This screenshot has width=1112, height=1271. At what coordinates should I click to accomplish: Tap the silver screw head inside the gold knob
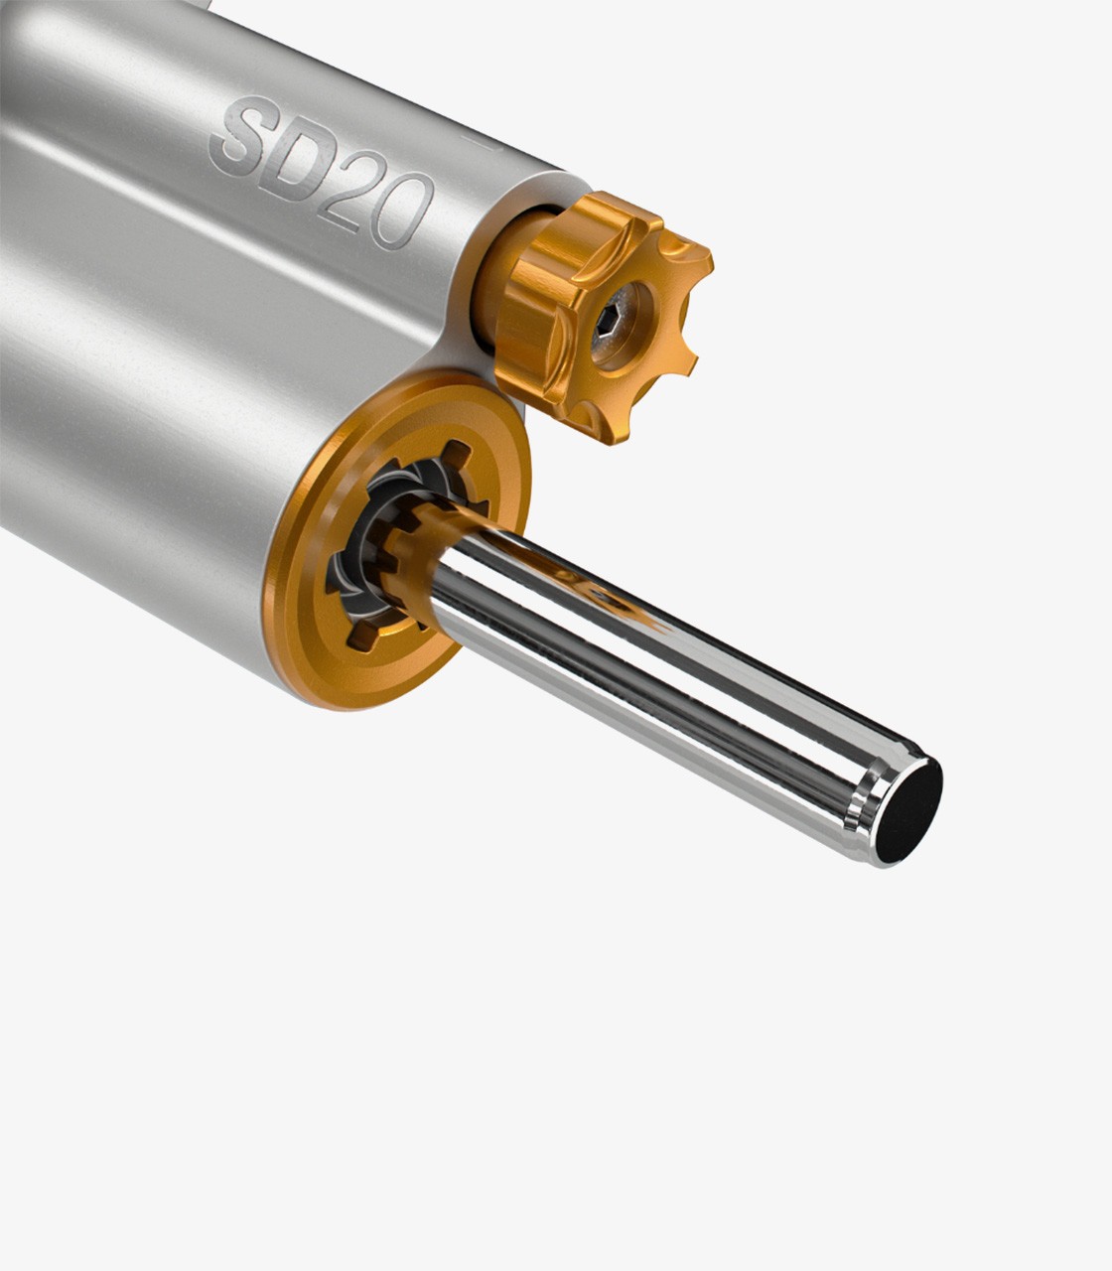[x=615, y=326]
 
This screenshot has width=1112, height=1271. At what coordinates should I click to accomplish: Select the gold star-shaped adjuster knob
[x=603, y=317]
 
